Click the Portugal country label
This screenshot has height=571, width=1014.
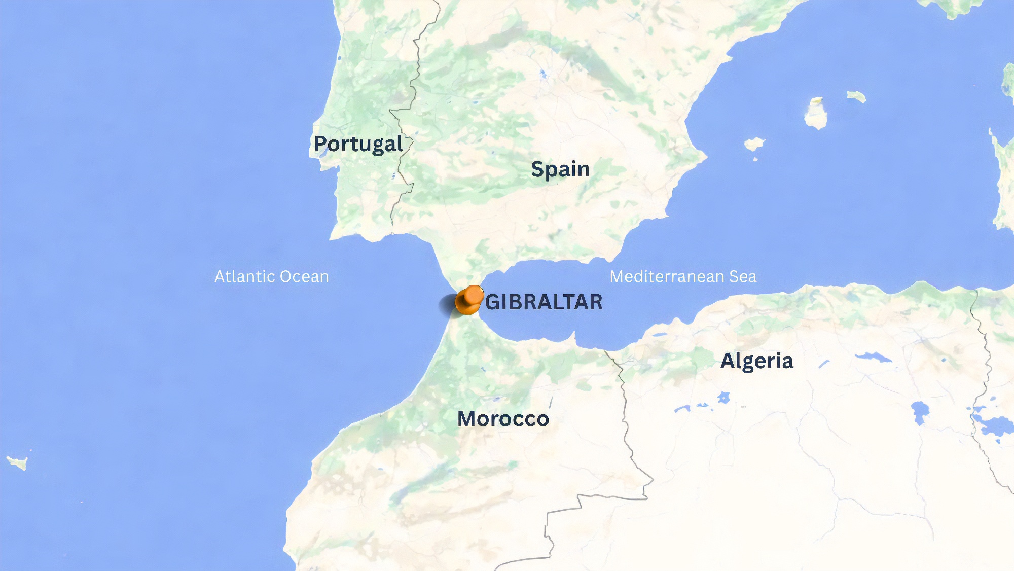pyautogui.click(x=358, y=144)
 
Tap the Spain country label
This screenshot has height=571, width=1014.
pyautogui.click(x=560, y=169)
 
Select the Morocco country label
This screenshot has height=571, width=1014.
pyautogui.click(x=503, y=419)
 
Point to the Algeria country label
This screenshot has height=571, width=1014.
pyautogui.click(x=756, y=361)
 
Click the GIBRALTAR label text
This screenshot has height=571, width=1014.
pyautogui.click(x=544, y=302)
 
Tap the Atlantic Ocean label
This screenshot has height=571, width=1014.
pyautogui.click(x=271, y=276)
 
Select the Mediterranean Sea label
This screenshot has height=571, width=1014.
pyautogui.click(x=683, y=276)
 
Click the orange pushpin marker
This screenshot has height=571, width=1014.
pyautogui.click(x=469, y=300)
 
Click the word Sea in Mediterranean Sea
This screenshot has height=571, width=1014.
pyautogui.click(x=743, y=276)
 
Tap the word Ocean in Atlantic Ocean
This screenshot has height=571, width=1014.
pyautogui.click(x=304, y=276)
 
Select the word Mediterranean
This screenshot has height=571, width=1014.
pyautogui.click(x=667, y=276)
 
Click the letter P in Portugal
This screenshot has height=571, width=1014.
pyautogui.click(x=320, y=144)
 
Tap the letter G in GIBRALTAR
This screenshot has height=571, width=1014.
pyautogui.click(x=493, y=302)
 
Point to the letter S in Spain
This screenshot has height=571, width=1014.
pyautogui.click(x=538, y=169)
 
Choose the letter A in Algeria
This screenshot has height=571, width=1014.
pyautogui.click(x=728, y=361)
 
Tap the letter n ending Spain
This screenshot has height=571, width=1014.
pyautogui.click(x=584, y=170)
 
